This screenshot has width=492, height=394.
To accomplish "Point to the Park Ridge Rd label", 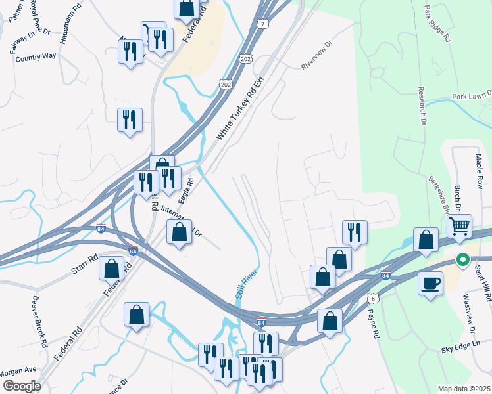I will coord(437,24).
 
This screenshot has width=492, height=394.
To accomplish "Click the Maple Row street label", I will coord(479,170).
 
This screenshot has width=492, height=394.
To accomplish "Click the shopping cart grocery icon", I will coord(460,227).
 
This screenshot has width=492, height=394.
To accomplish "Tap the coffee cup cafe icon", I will coord(430,283).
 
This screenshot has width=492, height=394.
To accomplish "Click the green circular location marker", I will coord(462,260).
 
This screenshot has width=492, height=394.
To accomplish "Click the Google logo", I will coord(22,385).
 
